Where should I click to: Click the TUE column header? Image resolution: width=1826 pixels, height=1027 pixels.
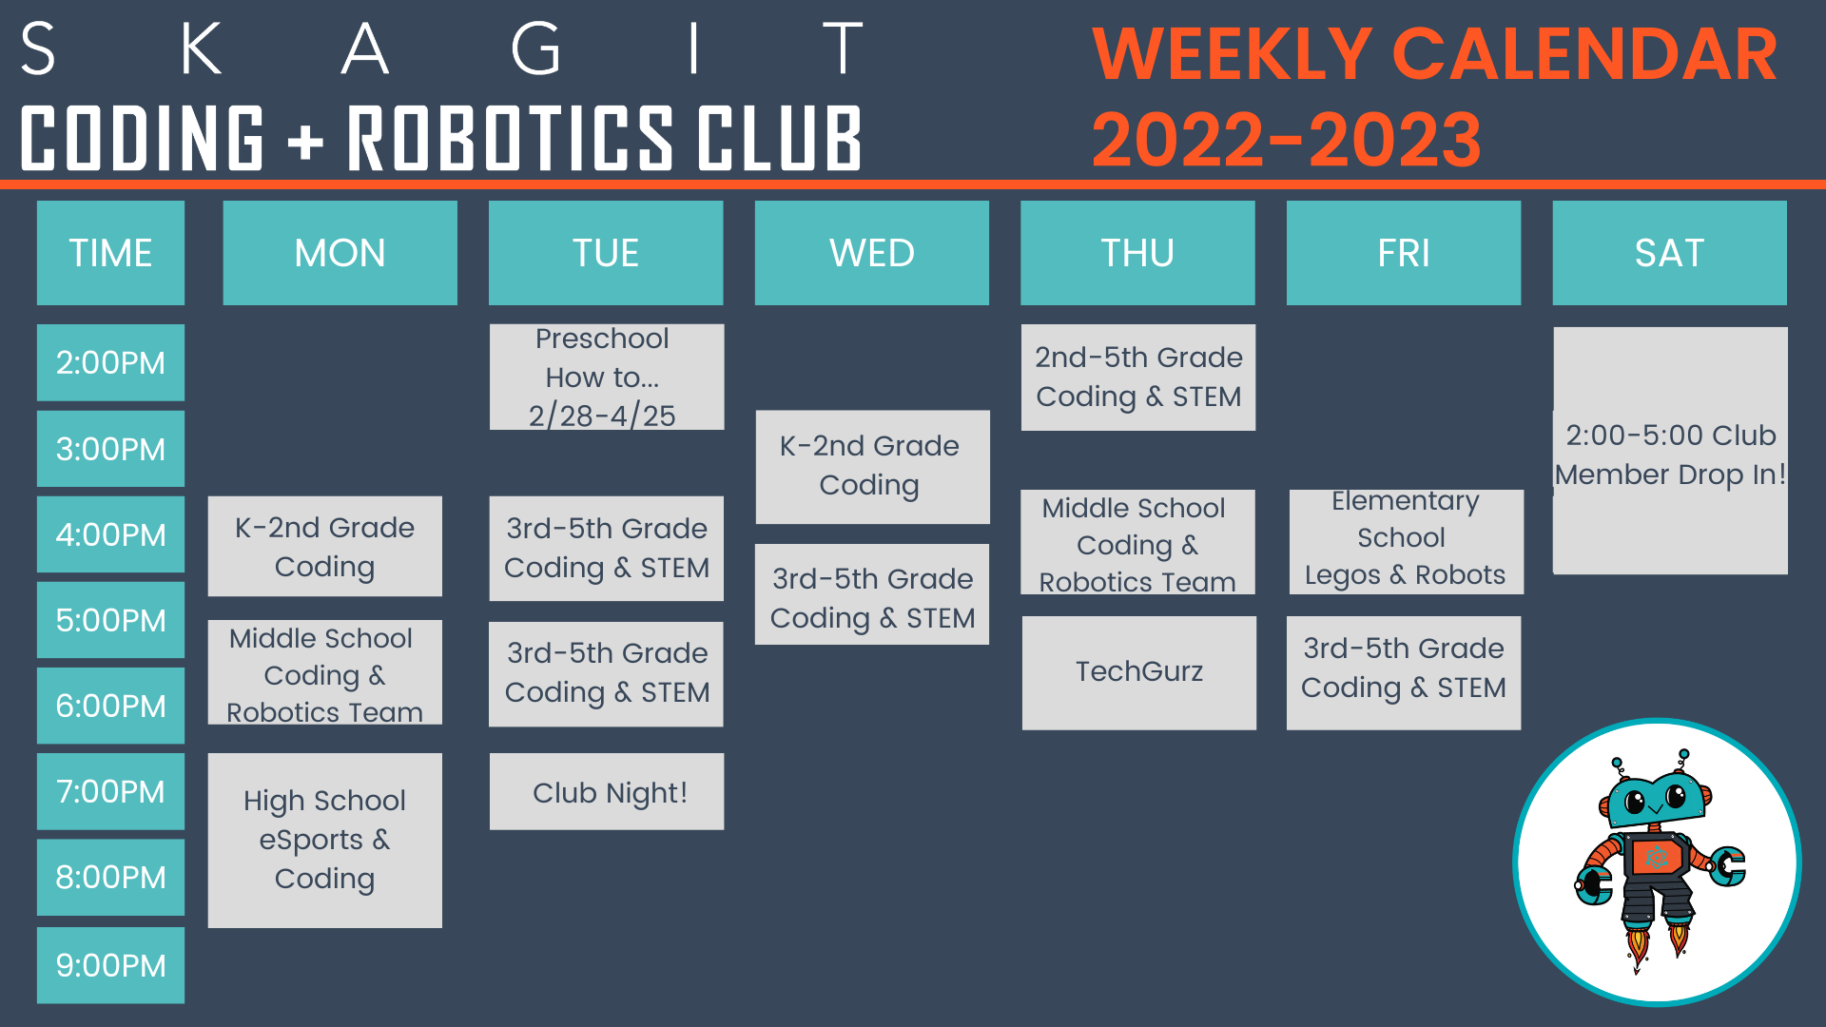(x=606, y=253)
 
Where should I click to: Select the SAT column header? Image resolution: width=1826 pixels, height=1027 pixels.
(x=1669, y=253)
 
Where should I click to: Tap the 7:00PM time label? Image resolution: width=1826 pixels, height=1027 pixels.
(x=110, y=791)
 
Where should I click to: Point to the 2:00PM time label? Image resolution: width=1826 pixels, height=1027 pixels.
(x=110, y=362)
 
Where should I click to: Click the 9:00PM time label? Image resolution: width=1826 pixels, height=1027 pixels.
(x=110, y=965)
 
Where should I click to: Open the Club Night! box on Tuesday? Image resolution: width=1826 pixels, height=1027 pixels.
(x=607, y=792)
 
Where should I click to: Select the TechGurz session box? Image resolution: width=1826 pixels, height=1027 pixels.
(x=1138, y=672)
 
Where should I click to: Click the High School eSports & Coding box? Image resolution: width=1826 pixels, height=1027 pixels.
(x=324, y=840)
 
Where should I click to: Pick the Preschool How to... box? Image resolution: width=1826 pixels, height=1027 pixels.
(x=606, y=378)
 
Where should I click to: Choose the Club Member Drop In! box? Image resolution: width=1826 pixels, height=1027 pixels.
(x=1669, y=453)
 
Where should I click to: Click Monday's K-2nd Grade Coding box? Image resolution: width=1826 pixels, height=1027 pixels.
(x=324, y=547)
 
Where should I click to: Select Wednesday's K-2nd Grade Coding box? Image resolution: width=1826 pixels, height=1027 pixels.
(x=871, y=466)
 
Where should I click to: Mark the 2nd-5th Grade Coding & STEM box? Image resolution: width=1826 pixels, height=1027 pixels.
(x=1137, y=378)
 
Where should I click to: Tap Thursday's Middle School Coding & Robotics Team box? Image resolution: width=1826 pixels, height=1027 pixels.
(x=1137, y=543)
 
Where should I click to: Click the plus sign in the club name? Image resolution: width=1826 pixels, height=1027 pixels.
(x=305, y=141)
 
